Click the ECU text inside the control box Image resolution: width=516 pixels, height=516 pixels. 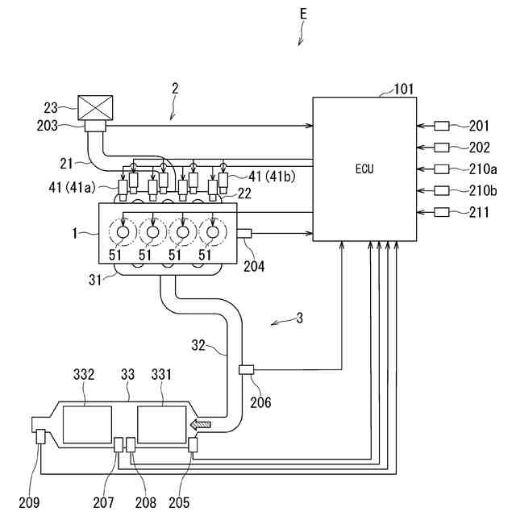(x=364, y=169)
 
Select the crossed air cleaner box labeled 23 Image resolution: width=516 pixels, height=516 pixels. (x=95, y=108)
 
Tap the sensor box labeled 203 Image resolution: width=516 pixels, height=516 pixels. (x=95, y=126)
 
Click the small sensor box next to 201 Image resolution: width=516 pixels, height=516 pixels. (x=442, y=126)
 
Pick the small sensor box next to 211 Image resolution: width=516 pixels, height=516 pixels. (x=442, y=212)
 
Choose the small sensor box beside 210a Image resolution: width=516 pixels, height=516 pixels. (x=442, y=169)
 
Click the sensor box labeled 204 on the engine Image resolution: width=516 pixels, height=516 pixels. (x=244, y=233)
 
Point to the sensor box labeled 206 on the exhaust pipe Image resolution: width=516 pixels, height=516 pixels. (x=246, y=370)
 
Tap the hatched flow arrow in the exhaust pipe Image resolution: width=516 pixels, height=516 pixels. (x=201, y=425)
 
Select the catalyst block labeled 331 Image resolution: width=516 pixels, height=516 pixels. (x=161, y=425)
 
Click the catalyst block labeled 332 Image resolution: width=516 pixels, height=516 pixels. (x=87, y=425)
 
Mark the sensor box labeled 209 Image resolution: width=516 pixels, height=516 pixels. (x=40, y=437)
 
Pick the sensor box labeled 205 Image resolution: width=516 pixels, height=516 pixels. (x=193, y=444)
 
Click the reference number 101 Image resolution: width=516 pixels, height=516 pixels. (x=404, y=89)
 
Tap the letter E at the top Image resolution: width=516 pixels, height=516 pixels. (x=303, y=14)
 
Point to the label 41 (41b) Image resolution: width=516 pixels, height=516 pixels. (x=272, y=177)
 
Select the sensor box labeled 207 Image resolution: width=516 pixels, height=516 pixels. (x=119, y=444)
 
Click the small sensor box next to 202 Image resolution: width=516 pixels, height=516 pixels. (x=442, y=148)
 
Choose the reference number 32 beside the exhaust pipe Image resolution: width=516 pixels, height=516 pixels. (x=198, y=345)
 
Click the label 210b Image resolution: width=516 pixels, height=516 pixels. (x=483, y=191)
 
